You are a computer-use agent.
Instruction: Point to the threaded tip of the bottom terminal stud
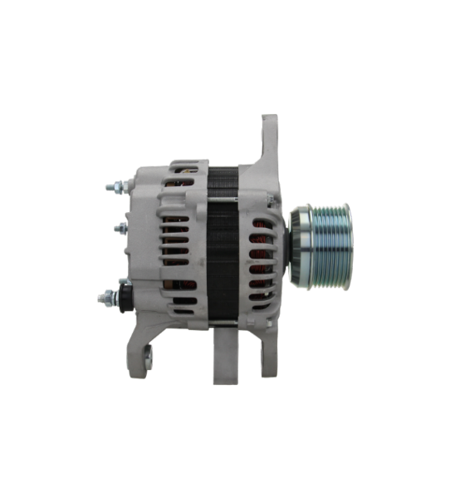pyautogui.click(x=101, y=296)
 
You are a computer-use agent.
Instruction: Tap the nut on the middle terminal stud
pyautogui.click(x=122, y=226)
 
